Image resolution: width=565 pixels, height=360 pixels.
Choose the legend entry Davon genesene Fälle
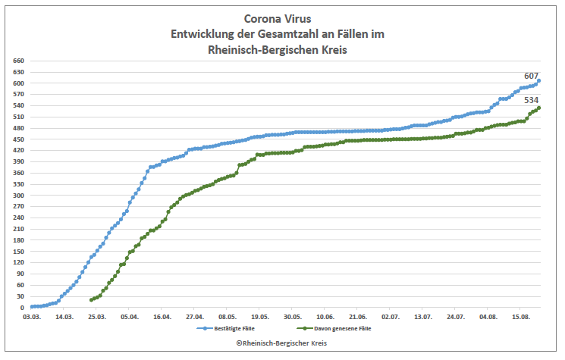point(338,329)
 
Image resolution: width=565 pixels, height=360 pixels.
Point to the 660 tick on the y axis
point(19,61)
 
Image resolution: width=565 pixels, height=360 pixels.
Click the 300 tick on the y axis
point(19,196)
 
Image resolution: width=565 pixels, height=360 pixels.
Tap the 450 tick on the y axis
point(19,139)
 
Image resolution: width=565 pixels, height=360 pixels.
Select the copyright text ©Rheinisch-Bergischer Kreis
point(281,343)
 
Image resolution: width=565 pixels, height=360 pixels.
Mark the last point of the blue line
point(538,81)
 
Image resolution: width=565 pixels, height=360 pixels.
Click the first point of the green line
point(92,300)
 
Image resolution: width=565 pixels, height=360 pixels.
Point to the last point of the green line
point(538,108)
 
